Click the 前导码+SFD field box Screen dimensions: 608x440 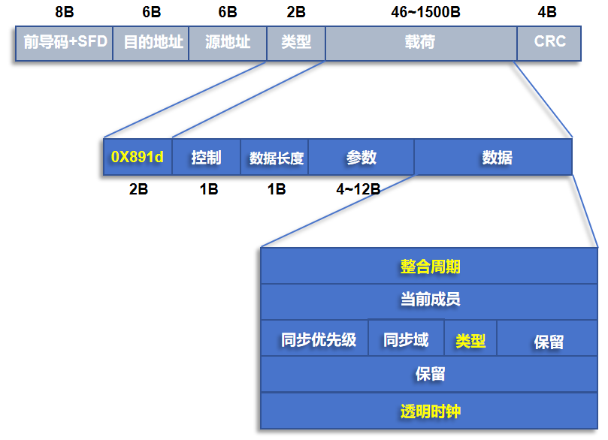pyautogui.click(x=65, y=44)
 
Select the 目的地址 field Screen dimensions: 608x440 pyautogui.click(x=151, y=44)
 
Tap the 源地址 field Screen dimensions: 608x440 pyautogui.click(x=228, y=44)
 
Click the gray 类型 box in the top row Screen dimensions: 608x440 pyautogui.click(x=296, y=44)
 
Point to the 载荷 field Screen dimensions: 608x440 pyautogui.click(x=422, y=44)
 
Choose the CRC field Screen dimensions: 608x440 pyautogui.click(x=549, y=44)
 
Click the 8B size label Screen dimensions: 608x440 pyautogui.click(x=65, y=12)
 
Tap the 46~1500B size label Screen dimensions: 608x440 pyautogui.click(x=426, y=12)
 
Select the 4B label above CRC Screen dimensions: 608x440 pyautogui.click(x=547, y=12)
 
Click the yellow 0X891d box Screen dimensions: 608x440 pyautogui.click(x=138, y=157)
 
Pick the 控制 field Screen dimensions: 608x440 pyautogui.click(x=206, y=157)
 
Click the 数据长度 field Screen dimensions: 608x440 pyautogui.click(x=274, y=157)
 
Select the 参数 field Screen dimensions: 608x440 pyautogui.click(x=361, y=157)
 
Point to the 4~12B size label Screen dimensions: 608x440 pyautogui.click(x=358, y=189)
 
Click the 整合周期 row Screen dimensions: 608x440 pyautogui.click(x=429, y=266)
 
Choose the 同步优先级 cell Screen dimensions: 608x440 pyautogui.click(x=314, y=338)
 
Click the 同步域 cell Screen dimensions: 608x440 pyautogui.click(x=407, y=338)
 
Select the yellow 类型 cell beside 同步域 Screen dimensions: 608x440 pyautogui.click(x=470, y=338)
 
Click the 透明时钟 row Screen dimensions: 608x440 pyautogui.click(x=429, y=411)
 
